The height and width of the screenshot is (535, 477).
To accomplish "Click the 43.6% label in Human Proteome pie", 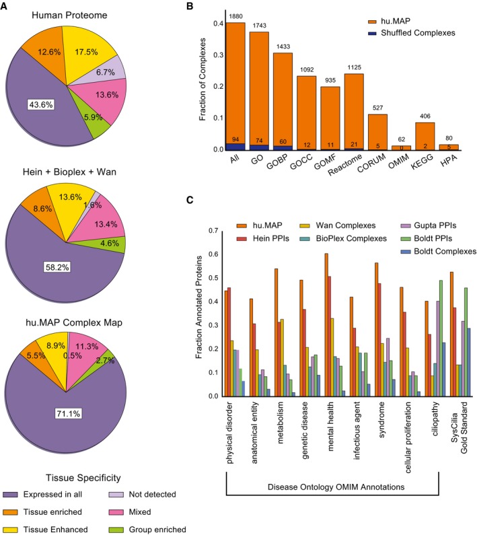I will [x=42, y=104].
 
